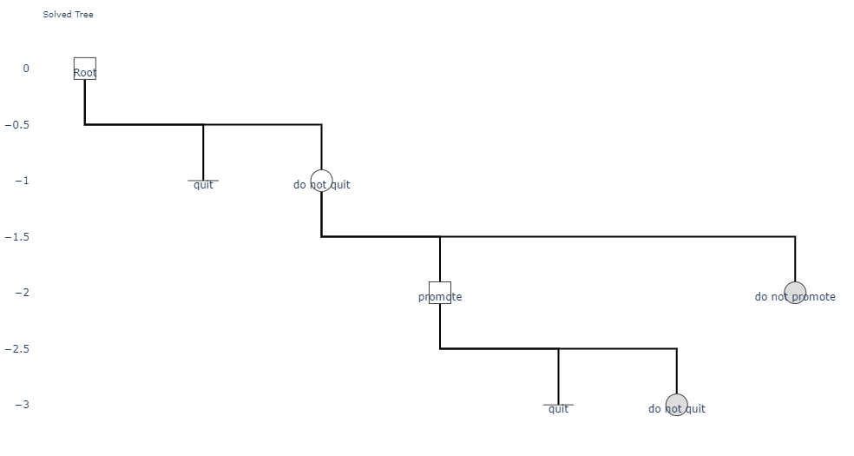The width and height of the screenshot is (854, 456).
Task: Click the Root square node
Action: pos(85,69)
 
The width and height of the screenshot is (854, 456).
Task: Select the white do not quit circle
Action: pos(321,181)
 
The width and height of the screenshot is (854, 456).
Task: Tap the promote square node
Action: pos(440,293)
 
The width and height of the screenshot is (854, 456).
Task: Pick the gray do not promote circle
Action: pos(795,293)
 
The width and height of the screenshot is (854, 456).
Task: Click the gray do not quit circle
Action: pos(677,405)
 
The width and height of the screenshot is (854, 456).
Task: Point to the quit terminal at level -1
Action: pos(203,181)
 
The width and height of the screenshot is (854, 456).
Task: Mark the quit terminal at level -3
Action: pos(558,405)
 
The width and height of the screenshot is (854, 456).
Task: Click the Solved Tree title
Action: pos(68,15)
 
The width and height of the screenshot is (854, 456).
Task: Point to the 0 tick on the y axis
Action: pos(25,69)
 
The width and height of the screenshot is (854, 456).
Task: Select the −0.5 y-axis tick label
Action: pos(16,125)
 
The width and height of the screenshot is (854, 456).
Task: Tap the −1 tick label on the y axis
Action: pos(22,181)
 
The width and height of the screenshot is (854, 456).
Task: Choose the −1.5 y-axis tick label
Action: pos(16,237)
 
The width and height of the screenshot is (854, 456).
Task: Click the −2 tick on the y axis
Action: pos(22,293)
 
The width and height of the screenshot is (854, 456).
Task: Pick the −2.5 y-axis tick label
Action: pos(16,348)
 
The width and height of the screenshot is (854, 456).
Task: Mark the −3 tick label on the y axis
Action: pos(22,405)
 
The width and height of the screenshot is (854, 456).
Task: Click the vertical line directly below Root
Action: pos(85,102)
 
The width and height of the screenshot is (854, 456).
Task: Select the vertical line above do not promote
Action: pos(795,260)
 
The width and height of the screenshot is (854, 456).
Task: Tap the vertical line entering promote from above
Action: pos(440,260)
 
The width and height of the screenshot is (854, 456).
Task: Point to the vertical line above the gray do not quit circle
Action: pos(677,371)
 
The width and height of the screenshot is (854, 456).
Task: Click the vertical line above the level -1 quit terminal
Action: pos(203,153)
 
